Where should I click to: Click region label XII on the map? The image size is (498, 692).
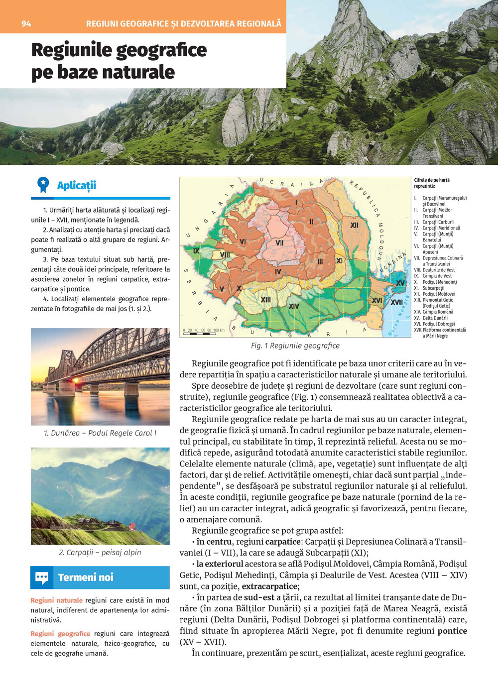[x=354, y=226]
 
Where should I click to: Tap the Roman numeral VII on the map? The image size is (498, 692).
[x=279, y=243]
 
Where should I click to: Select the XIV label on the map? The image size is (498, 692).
[x=294, y=306]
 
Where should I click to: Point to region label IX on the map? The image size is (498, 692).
[x=196, y=251]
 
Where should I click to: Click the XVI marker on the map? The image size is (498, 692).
[x=377, y=301]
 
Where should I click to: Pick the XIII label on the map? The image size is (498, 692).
[x=266, y=300]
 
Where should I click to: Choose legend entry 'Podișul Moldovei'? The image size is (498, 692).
[x=439, y=294]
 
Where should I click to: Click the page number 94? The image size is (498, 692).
[x=26, y=23]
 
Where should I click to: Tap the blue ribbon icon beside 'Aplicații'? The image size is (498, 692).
[x=43, y=185]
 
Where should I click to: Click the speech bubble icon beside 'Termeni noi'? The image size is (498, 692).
[x=42, y=578]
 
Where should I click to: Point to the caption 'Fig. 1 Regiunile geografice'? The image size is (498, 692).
[x=295, y=346]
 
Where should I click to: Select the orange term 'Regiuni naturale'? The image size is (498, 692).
[x=56, y=600]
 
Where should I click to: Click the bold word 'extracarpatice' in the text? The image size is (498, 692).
[x=269, y=586]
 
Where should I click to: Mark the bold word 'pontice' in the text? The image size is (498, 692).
[x=452, y=631]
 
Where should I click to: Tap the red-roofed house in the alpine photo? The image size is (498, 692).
[x=131, y=526]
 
